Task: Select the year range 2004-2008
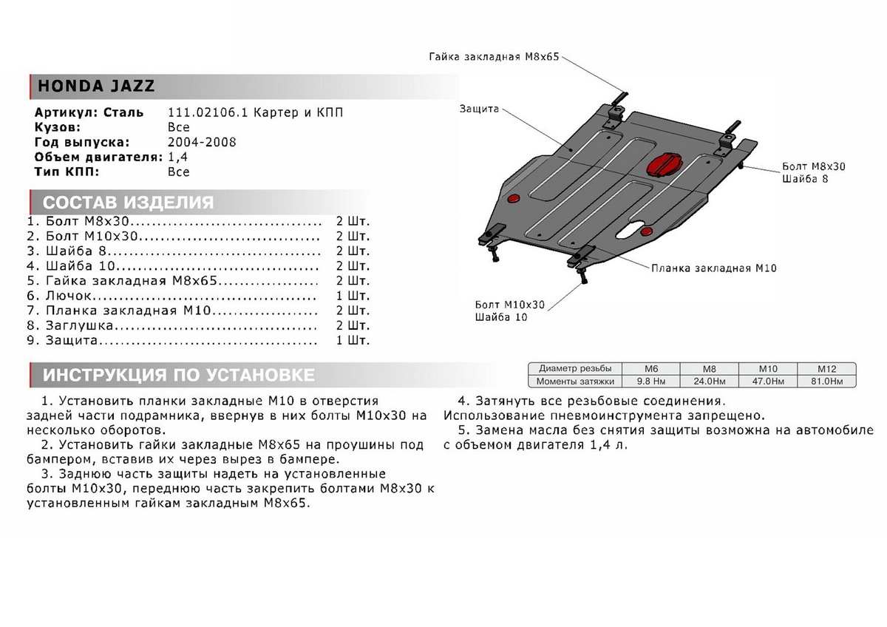coord(202,142)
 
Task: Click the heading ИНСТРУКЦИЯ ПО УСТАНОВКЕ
coord(178,375)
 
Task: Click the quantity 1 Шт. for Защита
coord(353,341)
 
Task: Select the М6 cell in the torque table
coord(652,368)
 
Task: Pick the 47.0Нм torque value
coord(767,382)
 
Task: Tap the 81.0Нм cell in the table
coord(826,382)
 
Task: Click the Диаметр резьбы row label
coord(575,368)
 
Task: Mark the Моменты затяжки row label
coord(577,382)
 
